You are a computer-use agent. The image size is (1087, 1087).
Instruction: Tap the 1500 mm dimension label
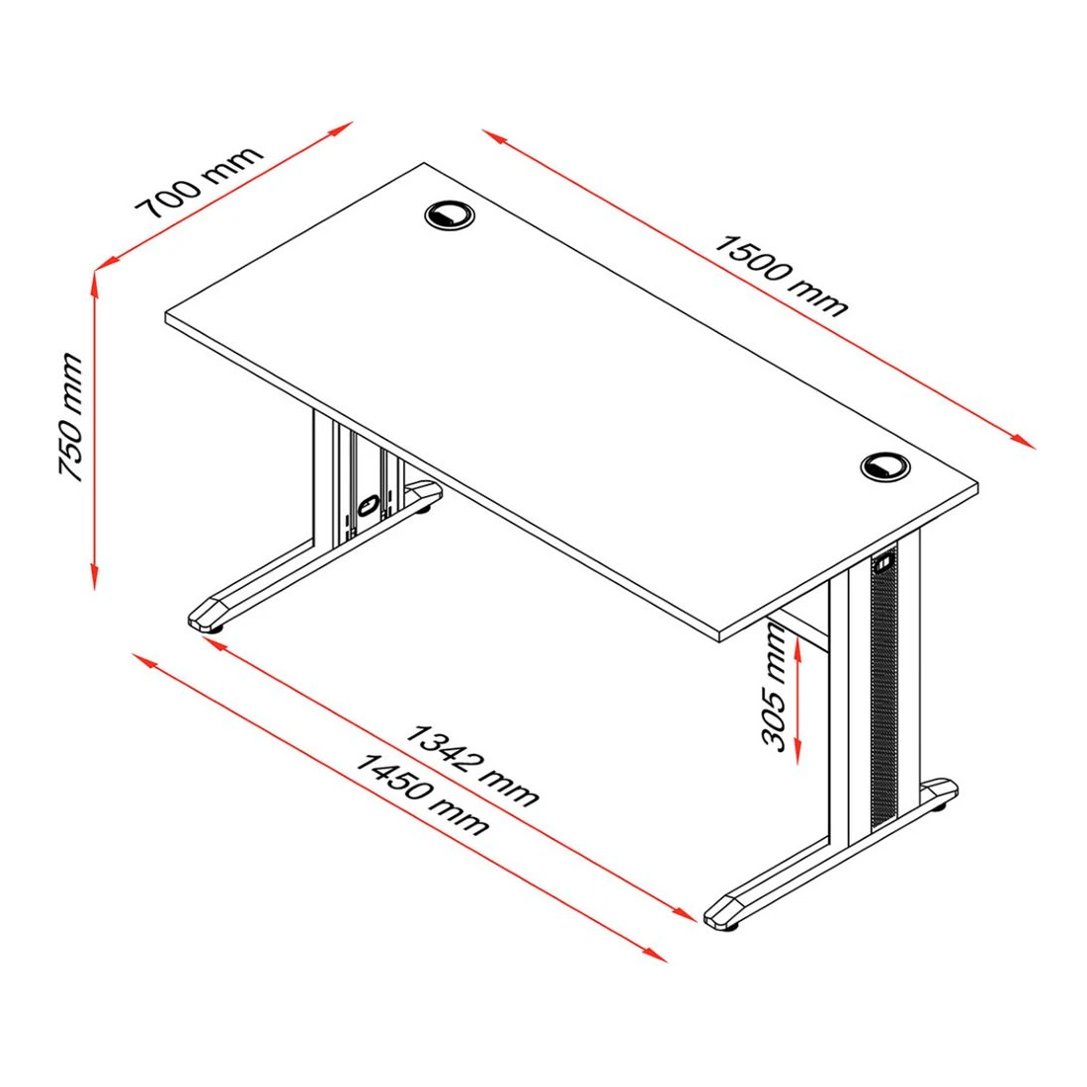click(x=782, y=276)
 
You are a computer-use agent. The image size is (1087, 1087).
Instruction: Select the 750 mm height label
click(x=71, y=417)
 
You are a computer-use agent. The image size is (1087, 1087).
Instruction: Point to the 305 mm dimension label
click(x=775, y=687)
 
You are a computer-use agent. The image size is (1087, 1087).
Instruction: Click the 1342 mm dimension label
click(x=471, y=765)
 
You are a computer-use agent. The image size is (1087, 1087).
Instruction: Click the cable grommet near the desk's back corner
click(x=450, y=214)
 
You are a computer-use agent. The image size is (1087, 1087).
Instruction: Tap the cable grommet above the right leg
click(x=885, y=466)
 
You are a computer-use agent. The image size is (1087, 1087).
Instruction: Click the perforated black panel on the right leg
click(x=883, y=687)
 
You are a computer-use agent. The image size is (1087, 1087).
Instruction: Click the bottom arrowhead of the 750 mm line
click(x=94, y=577)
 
